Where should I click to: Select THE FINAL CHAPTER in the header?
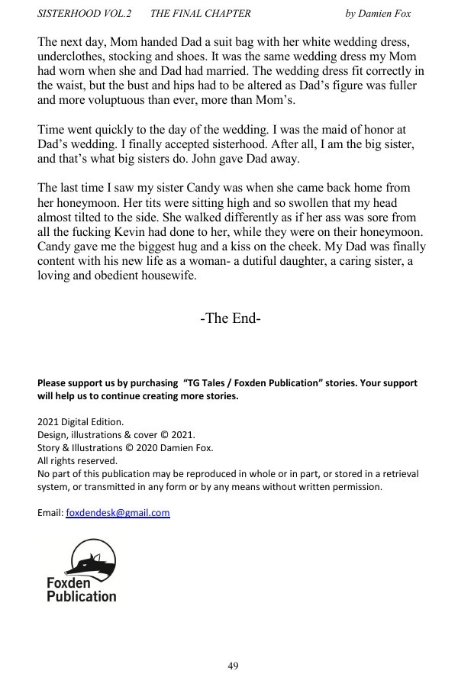201,14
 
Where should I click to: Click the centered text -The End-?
231,318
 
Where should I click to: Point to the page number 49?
233,666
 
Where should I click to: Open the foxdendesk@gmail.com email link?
118,513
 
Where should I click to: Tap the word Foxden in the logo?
69,582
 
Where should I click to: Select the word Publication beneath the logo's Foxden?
82,596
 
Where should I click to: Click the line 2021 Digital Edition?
80,421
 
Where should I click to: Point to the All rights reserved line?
77,460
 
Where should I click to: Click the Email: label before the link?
50,513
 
